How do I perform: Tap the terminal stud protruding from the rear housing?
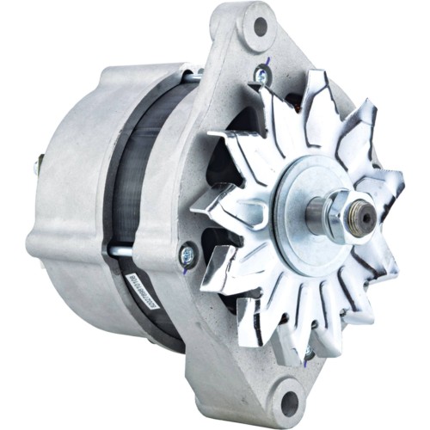point(39,163)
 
